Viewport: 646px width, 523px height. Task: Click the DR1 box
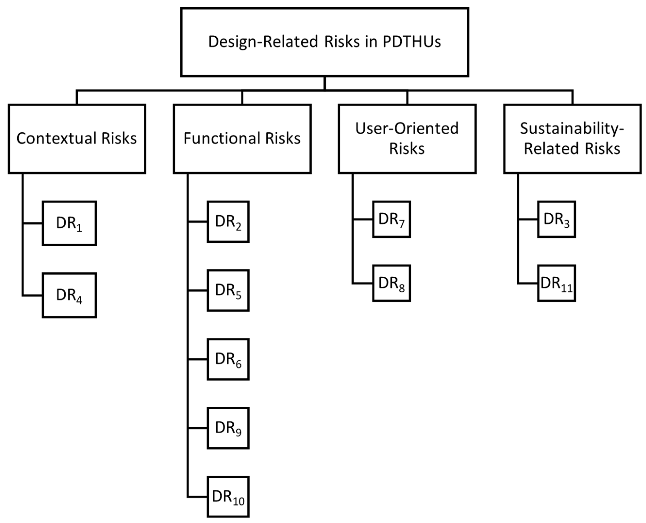[69, 223]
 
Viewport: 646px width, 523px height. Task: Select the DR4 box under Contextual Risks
[69, 295]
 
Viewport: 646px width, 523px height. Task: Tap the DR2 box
[228, 222]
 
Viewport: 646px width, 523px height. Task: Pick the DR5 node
[228, 290]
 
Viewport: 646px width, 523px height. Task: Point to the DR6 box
[228, 359]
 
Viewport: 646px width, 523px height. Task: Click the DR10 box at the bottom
[228, 497]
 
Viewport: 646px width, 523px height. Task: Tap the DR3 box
[556, 219]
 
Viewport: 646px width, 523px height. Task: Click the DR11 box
[556, 283]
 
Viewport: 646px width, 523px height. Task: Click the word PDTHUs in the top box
[412, 41]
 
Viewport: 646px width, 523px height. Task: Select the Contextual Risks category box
[77, 139]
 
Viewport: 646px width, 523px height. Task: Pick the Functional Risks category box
[242, 139]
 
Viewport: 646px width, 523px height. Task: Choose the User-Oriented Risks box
[407, 139]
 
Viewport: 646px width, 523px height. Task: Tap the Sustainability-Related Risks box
[572, 139]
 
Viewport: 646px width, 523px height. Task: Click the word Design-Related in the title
[263, 41]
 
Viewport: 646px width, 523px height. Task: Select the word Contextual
[57, 139]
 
